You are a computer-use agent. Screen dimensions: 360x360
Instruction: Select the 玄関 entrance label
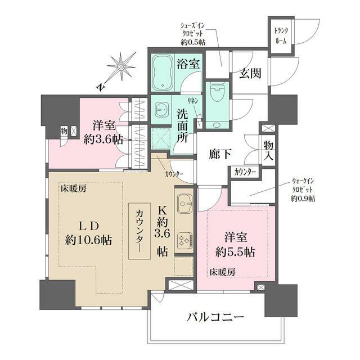click(249, 74)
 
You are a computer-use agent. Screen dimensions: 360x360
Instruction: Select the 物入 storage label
click(268, 150)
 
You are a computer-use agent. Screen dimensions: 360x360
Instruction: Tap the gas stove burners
click(184, 241)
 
